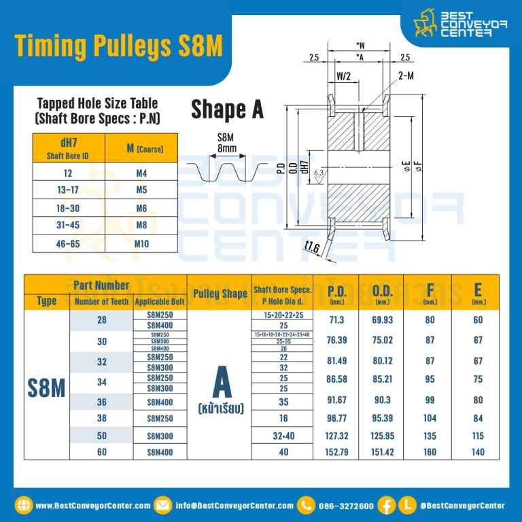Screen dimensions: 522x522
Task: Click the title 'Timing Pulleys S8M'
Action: coord(118,46)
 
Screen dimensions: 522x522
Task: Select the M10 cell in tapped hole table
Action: coord(141,243)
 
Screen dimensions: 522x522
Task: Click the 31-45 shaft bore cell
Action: coord(67,226)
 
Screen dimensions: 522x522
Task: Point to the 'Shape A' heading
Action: coord(227,109)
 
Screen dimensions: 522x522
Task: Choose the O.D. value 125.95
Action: coord(382,436)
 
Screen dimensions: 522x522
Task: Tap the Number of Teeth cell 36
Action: coord(102,402)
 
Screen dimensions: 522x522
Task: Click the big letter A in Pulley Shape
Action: coord(222,383)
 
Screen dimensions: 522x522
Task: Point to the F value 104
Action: coord(430,419)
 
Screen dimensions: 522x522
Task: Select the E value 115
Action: coord(478,436)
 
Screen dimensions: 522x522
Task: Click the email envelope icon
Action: coord(163,505)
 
